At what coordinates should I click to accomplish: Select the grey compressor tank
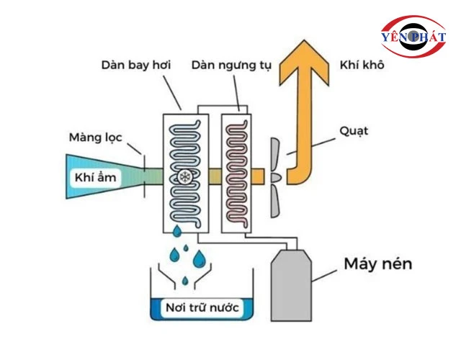click(291, 284)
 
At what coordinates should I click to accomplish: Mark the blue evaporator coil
click(180, 144)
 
